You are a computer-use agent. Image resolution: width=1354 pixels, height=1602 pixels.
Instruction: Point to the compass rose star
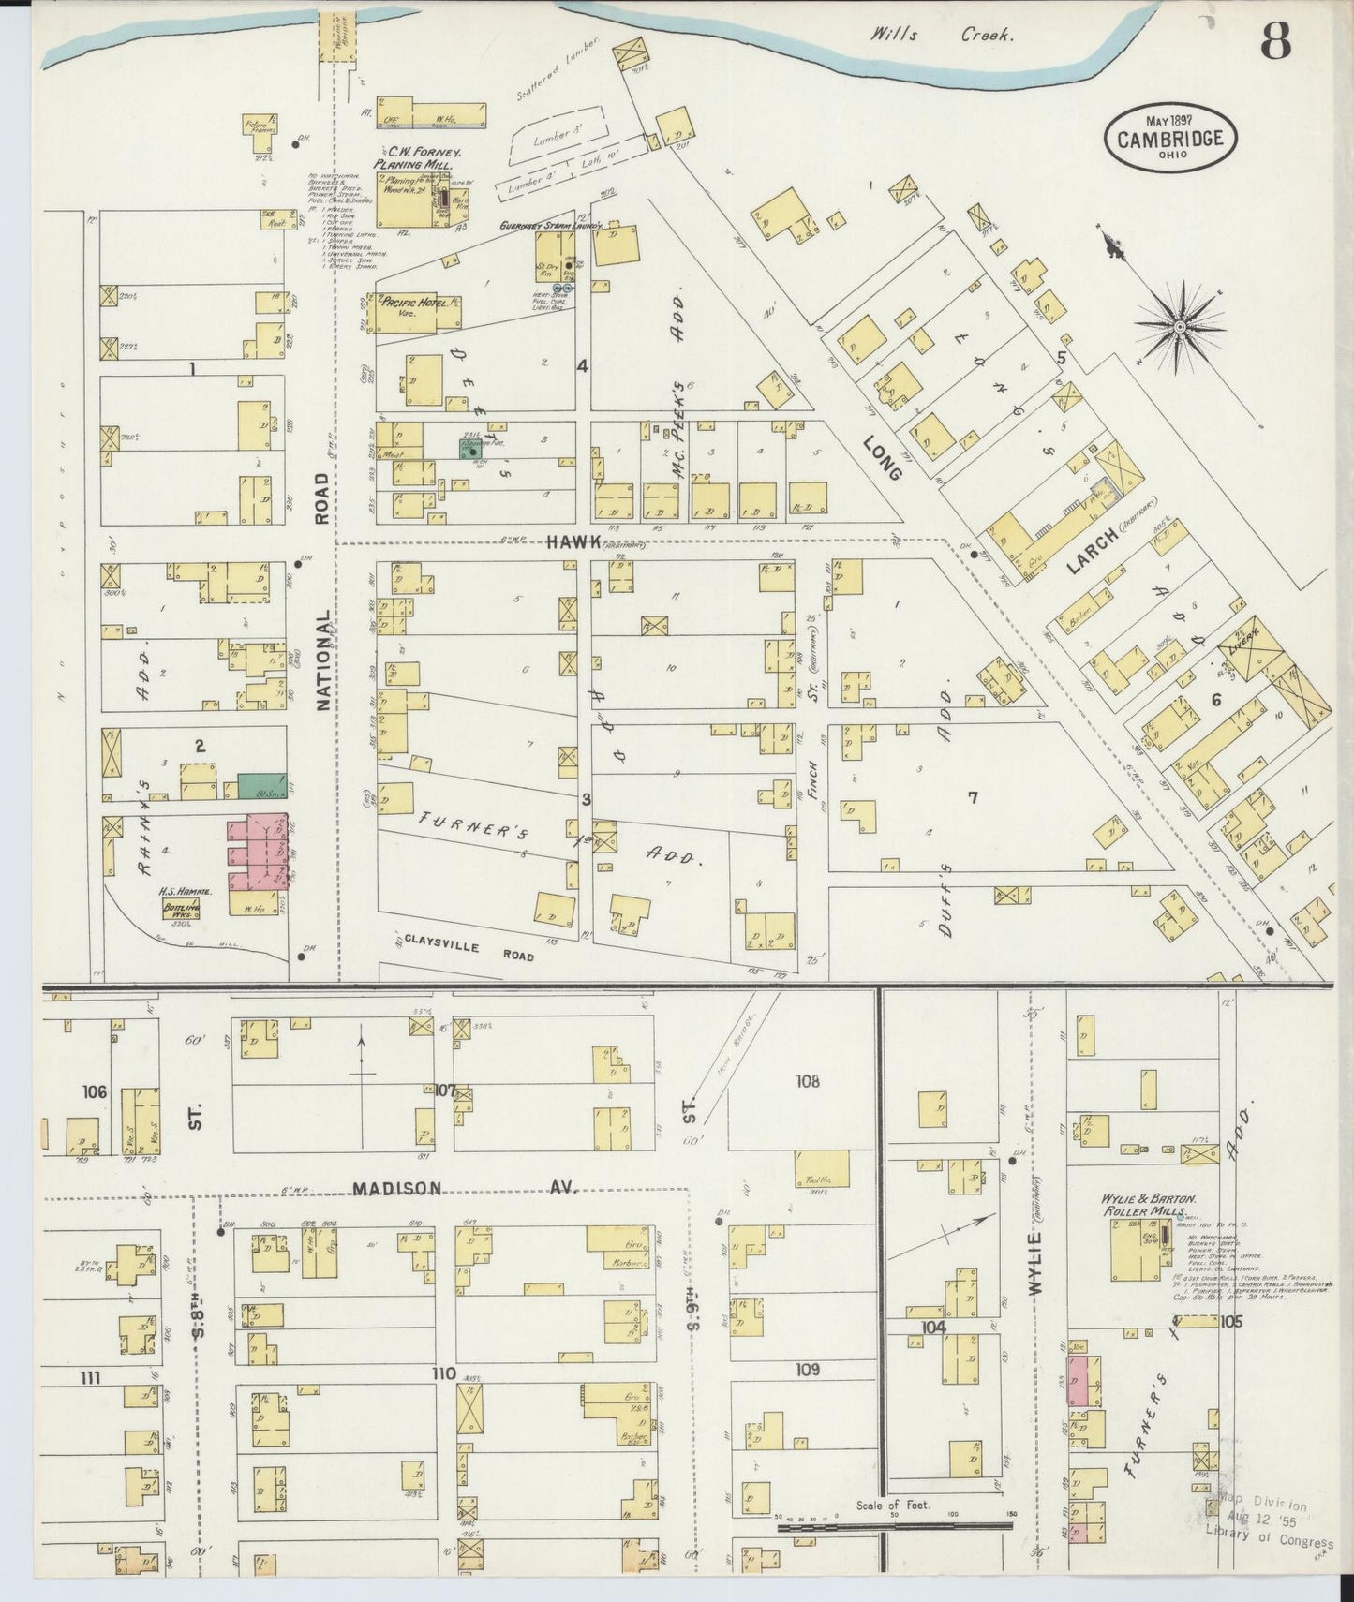(1180, 325)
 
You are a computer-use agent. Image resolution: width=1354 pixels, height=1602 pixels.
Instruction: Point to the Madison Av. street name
(464, 1188)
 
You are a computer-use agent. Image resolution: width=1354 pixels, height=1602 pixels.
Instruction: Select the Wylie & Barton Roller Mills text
(1148, 1203)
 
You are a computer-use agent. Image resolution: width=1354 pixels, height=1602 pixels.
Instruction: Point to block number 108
(808, 1081)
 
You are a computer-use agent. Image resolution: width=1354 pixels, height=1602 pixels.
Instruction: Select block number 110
(443, 1373)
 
